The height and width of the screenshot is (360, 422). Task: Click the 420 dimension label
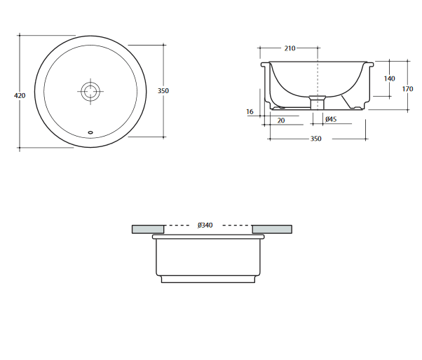click(x=20, y=95)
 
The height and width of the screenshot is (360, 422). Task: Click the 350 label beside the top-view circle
click(x=163, y=91)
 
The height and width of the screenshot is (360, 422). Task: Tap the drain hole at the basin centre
click(x=90, y=92)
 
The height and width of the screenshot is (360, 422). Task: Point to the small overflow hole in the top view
click(x=90, y=132)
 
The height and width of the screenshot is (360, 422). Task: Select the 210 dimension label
click(x=290, y=48)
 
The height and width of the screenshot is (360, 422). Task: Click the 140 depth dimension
click(x=389, y=78)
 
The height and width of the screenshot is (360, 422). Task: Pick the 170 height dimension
click(x=407, y=89)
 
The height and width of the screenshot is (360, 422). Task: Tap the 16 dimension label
click(x=250, y=111)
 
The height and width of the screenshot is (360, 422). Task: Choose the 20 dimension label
click(x=280, y=120)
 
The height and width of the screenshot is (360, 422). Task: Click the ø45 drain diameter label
click(x=331, y=119)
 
